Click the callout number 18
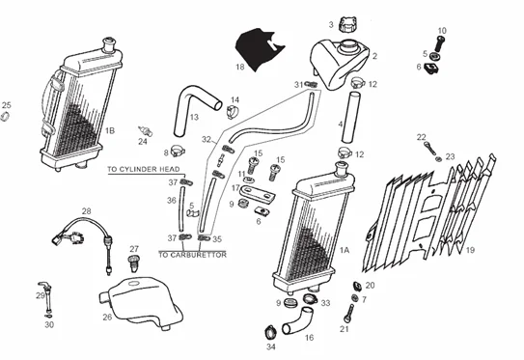click(x=239, y=68)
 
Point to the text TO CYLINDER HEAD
click(x=144, y=170)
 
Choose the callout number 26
click(x=107, y=316)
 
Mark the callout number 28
click(x=86, y=210)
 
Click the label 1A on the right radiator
click(x=345, y=250)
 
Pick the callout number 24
click(x=142, y=142)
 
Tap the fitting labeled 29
click(x=42, y=291)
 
